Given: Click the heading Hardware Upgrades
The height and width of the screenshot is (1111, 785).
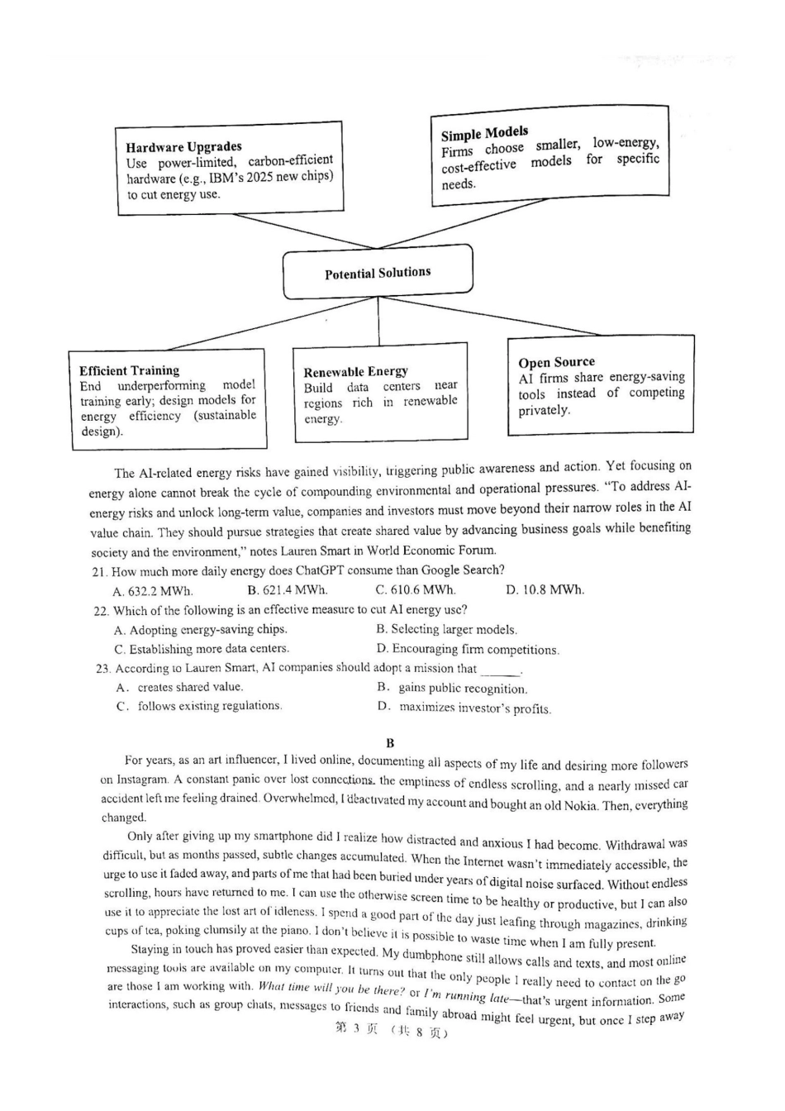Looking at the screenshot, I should tap(183, 147).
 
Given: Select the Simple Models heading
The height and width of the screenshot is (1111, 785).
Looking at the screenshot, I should tap(484, 133).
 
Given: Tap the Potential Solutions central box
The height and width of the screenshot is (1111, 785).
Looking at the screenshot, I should tap(378, 273).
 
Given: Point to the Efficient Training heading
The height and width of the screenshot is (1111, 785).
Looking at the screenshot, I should tap(129, 370).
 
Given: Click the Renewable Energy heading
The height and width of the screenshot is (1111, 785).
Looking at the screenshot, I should tap(355, 372).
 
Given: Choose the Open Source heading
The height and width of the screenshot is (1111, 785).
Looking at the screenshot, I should tap(556, 362).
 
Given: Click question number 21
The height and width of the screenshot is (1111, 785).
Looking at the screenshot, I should tap(100, 571).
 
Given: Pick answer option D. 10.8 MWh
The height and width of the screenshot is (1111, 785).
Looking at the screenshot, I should tap(545, 589).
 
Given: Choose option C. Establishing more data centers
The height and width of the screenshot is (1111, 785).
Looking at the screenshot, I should tap(202, 649).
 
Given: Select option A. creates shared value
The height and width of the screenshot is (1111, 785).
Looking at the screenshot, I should tap(180, 687).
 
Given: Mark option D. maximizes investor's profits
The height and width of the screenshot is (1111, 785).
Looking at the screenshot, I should tap(464, 708).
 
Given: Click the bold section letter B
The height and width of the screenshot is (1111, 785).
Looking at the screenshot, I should tap(390, 742).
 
